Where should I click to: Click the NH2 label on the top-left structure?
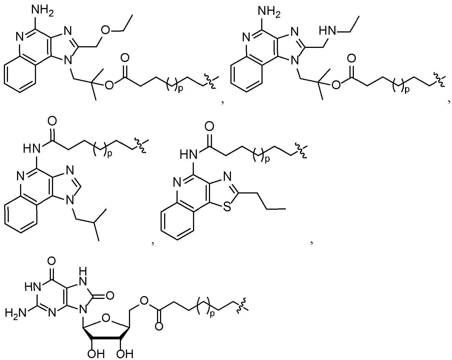coord(42,10)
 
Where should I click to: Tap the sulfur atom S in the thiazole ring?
coord(227,207)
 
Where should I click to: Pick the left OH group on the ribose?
coord(96,354)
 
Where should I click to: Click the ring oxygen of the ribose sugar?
coord(106,318)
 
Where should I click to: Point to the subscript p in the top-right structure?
coord(407,90)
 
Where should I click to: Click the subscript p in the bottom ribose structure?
coord(212,314)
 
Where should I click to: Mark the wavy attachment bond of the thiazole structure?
coord(301,151)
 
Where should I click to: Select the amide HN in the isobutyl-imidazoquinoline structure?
coord(32,148)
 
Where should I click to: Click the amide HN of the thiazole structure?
coord(189,155)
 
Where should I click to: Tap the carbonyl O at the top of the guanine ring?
coord(52,261)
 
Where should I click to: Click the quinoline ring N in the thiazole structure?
coord(177,182)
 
